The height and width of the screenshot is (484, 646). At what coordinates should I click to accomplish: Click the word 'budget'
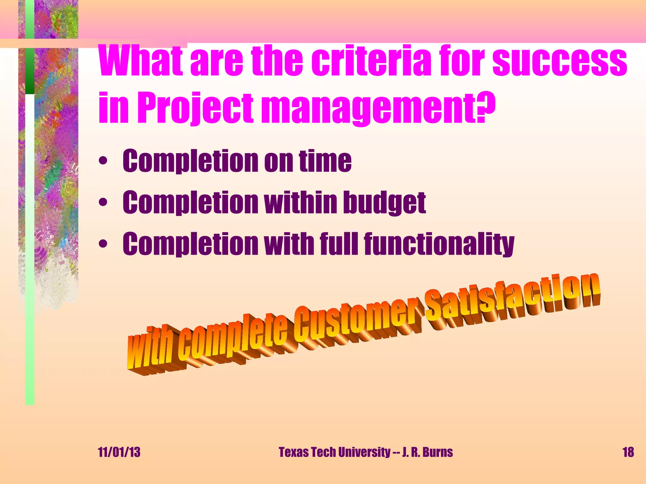click(384, 203)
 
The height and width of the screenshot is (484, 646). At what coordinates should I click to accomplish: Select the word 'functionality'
click(439, 244)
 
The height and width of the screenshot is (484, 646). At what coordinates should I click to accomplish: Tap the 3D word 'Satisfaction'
click(511, 299)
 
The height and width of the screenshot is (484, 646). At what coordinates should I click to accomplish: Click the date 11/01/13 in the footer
click(119, 452)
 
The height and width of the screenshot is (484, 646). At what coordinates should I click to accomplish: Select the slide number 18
click(628, 452)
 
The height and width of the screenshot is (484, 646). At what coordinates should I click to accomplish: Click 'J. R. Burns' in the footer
click(427, 452)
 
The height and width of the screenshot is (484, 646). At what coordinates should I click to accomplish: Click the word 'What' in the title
click(141, 60)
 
